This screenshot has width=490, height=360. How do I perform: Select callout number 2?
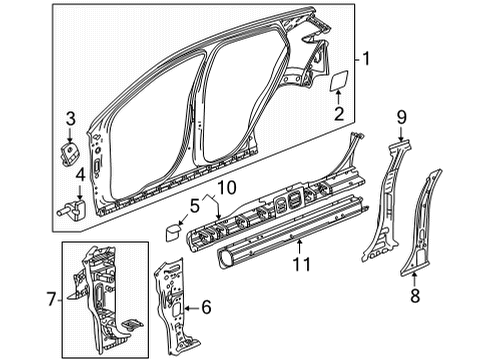339,115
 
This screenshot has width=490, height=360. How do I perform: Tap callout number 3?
69,122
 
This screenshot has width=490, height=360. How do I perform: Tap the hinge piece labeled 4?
72,209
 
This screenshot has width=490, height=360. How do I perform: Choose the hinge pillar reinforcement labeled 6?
172,300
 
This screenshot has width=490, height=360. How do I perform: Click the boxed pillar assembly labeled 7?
105,295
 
